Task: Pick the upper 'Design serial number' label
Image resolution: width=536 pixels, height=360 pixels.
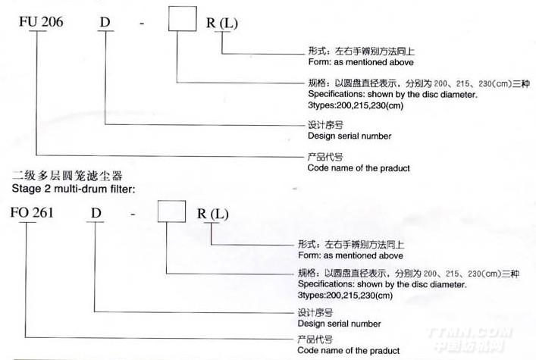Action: [349, 136]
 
